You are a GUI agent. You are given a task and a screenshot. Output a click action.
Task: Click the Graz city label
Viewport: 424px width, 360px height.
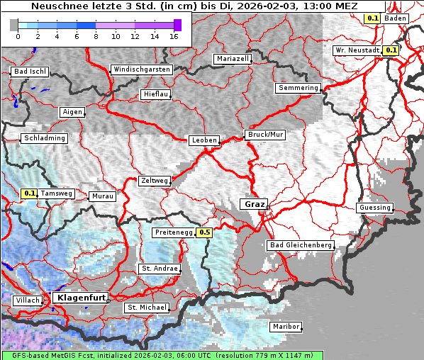click(255, 204)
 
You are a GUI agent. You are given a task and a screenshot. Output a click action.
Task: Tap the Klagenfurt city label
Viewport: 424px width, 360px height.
click(80, 298)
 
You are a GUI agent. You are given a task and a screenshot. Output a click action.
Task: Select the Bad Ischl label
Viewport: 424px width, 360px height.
click(30, 72)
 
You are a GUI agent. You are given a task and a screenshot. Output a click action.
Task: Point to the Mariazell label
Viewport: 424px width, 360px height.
click(233, 59)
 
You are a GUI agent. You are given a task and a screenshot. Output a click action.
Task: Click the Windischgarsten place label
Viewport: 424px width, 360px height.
click(141, 69)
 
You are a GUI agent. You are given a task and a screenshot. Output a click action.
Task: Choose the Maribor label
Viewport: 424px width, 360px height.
click(286, 327)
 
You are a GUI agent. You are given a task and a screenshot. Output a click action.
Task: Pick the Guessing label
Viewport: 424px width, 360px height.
click(374, 208)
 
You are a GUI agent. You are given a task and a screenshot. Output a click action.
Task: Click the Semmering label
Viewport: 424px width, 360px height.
click(298, 88)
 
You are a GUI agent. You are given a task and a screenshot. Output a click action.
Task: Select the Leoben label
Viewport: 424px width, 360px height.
click(204, 140)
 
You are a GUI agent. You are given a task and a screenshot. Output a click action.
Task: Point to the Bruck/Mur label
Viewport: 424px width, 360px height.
click(264, 135)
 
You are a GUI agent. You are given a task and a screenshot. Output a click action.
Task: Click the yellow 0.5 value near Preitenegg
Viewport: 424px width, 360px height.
click(205, 232)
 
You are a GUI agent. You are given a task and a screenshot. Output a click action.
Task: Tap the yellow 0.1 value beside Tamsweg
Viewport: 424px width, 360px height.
click(29, 193)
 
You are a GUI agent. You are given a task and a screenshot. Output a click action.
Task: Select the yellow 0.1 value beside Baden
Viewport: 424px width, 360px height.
click(372, 18)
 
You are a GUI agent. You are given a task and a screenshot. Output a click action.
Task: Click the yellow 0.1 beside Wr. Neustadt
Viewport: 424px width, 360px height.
click(391, 50)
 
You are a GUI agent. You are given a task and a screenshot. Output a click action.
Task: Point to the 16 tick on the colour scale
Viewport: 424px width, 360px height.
click(174, 36)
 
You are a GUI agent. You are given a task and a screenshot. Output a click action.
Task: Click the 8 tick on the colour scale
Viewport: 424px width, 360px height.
click(96, 36)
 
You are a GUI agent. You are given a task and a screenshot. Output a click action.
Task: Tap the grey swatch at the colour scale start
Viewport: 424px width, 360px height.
click(14, 25)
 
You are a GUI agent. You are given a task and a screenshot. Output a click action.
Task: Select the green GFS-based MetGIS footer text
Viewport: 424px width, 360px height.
click(162, 355)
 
